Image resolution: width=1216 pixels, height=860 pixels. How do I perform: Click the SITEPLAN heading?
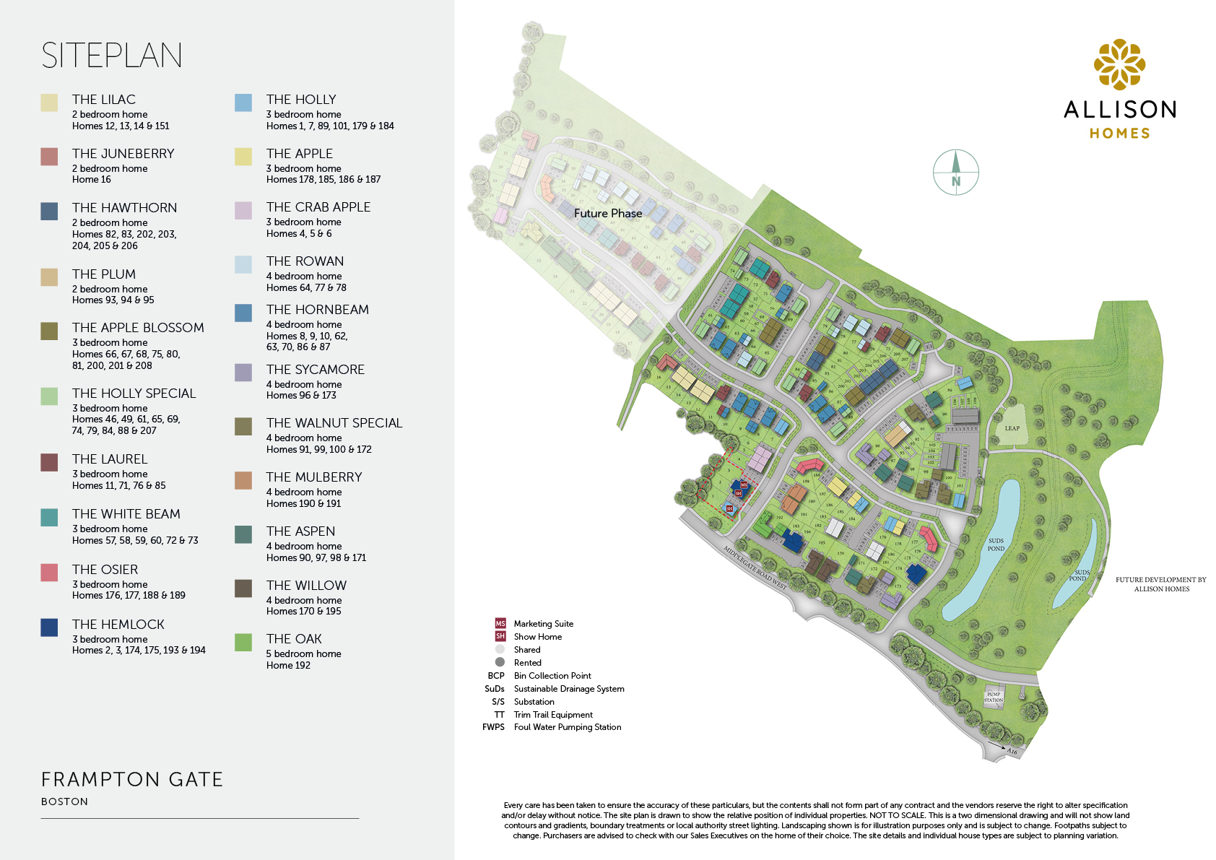[x=112, y=56]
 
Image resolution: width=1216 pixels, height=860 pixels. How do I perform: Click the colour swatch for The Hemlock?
[x=49, y=627]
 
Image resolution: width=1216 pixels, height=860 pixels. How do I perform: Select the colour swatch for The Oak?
[x=243, y=642]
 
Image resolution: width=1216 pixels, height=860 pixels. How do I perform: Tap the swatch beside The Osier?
[x=49, y=572]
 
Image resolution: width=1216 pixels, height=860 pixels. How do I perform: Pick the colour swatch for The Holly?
[x=243, y=103]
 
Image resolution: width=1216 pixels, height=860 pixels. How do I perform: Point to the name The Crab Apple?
[x=318, y=207]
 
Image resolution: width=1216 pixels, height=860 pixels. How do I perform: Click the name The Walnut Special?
[x=334, y=423]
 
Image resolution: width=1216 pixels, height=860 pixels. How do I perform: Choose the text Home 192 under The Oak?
[x=288, y=665]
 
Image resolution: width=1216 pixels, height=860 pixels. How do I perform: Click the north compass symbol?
[x=955, y=173]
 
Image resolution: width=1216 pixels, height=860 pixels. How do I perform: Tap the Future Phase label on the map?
[x=607, y=214]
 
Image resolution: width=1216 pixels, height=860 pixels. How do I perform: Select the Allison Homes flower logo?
[x=1119, y=65]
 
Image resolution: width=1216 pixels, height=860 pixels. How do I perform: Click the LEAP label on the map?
[x=1012, y=428]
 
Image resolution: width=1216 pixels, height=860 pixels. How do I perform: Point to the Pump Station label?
[x=994, y=698]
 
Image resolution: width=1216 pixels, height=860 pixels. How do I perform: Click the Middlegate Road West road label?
[x=755, y=568]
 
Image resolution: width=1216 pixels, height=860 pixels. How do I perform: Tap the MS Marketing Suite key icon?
[x=500, y=623]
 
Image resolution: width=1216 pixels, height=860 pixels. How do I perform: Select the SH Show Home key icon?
[x=500, y=636]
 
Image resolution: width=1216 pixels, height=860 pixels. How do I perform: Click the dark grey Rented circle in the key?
[x=500, y=662]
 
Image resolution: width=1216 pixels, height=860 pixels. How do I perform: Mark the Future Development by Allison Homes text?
[x=1160, y=584]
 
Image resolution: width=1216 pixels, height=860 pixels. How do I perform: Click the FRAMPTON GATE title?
[x=132, y=780]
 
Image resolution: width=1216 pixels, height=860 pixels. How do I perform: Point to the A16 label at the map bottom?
[x=1012, y=752]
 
